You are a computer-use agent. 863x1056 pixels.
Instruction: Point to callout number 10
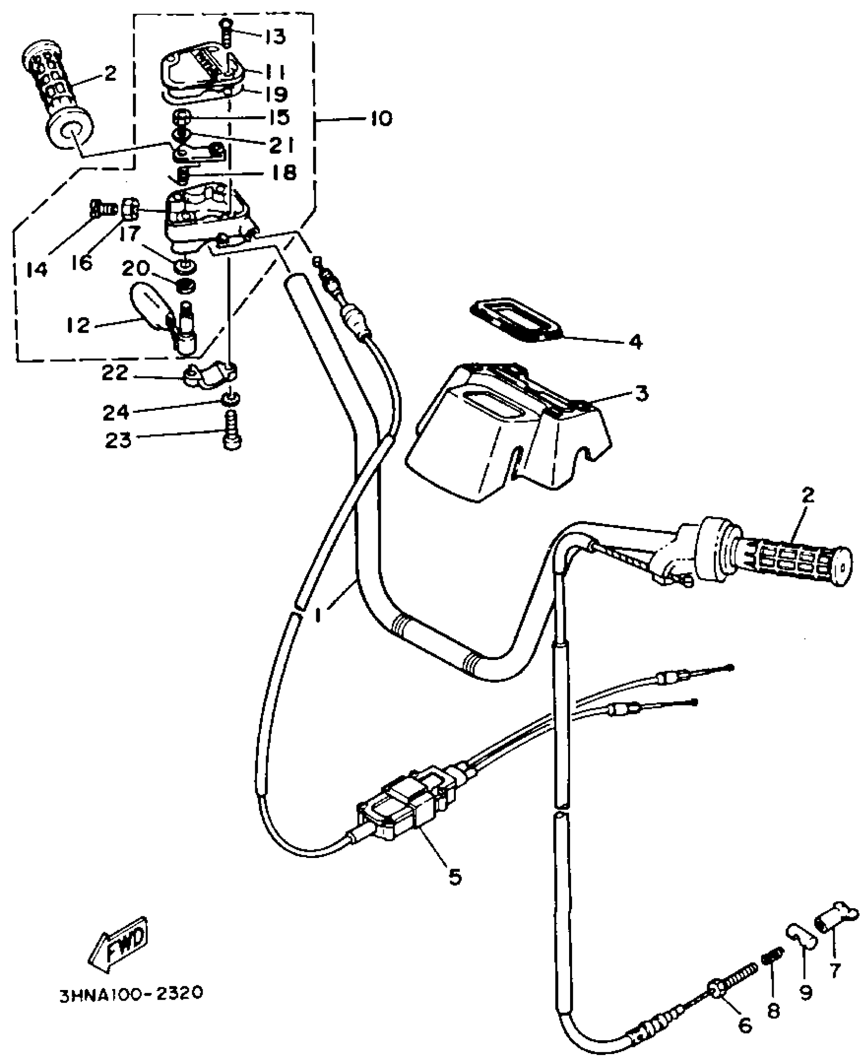point(378,119)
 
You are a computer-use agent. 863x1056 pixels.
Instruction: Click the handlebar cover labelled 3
point(508,432)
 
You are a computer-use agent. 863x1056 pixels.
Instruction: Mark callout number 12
point(77,325)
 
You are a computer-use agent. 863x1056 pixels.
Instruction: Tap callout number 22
point(116,374)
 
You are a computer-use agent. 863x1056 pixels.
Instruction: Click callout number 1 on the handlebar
point(318,615)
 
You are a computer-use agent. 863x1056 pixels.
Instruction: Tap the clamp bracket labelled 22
point(208,376)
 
